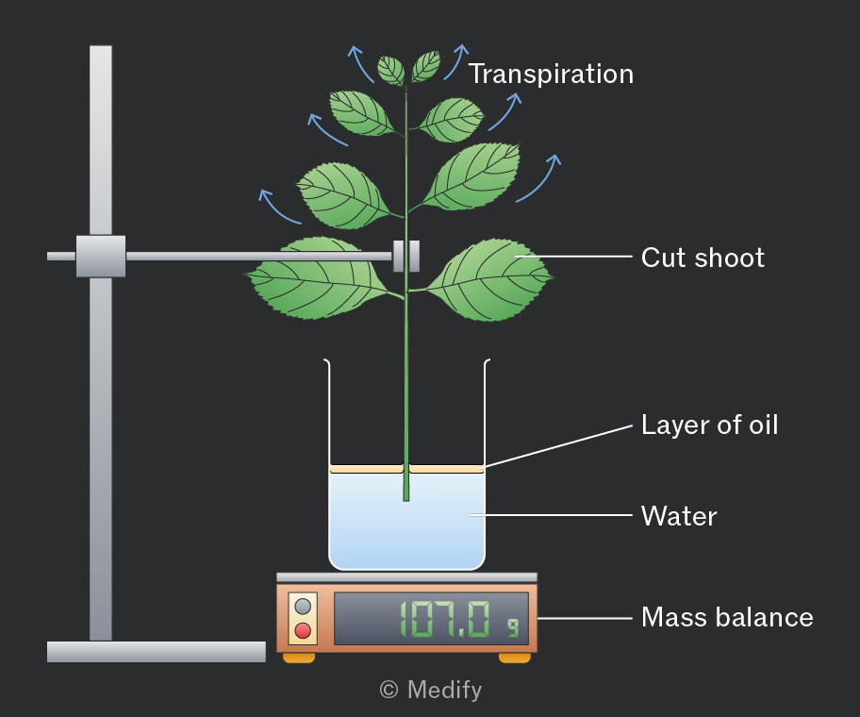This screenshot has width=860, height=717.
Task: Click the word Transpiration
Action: coord(552,75)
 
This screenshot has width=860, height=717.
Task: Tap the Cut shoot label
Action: coord(703,258)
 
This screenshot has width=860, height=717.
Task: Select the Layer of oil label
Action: coord(710,425)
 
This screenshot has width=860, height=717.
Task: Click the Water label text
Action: coord(679,516)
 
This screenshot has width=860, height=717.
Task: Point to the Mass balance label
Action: coord(727,617)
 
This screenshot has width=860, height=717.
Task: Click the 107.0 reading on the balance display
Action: coord(444,619)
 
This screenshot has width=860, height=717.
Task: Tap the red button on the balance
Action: coord(303,630)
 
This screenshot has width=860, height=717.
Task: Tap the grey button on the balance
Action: coord(303,607)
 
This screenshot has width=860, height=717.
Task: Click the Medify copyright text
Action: coord(431,691)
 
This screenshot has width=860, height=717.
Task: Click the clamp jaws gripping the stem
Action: coord(406,257)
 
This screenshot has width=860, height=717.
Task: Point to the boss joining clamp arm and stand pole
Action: coord(101,257)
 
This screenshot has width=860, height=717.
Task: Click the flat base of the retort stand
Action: coord(157,652)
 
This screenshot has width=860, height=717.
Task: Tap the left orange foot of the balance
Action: coord(299,658)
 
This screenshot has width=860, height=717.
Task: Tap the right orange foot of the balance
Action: coord(515,658)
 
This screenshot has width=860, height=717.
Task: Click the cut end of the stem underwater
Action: coord(406,499)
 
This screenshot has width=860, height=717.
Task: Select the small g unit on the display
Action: coord(513,627)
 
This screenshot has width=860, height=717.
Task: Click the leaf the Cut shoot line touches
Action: coord(489,280)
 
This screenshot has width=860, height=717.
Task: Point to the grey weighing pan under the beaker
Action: coord(407,577)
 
